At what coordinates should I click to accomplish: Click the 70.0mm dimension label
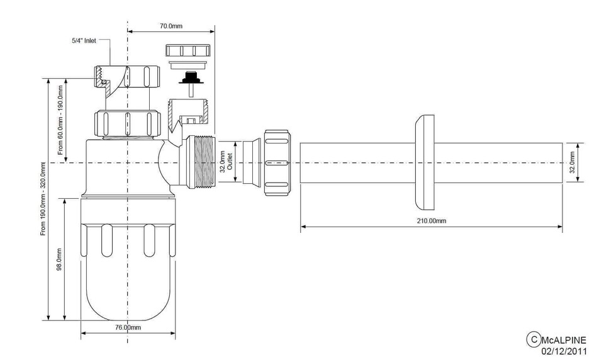tap(171, 26)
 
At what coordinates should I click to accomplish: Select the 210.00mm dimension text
tap(432, 221)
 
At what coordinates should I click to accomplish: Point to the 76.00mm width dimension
tap(128, 328)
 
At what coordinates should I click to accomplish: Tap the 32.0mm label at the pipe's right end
tap(573, 162)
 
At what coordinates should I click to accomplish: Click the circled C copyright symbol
tap(532, 340)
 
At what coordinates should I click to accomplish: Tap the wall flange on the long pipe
tap(425, 162)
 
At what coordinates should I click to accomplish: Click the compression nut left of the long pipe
tap(277, 162)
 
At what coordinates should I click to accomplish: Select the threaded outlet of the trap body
tap(201, 162)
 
